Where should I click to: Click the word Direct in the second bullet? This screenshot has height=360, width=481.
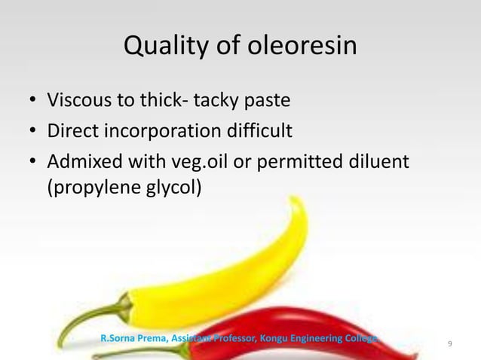click(x=72, y=133)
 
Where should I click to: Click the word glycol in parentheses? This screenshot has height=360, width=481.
click(x=175, y=186)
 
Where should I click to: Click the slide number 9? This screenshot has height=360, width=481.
click(x=450, y=344)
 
